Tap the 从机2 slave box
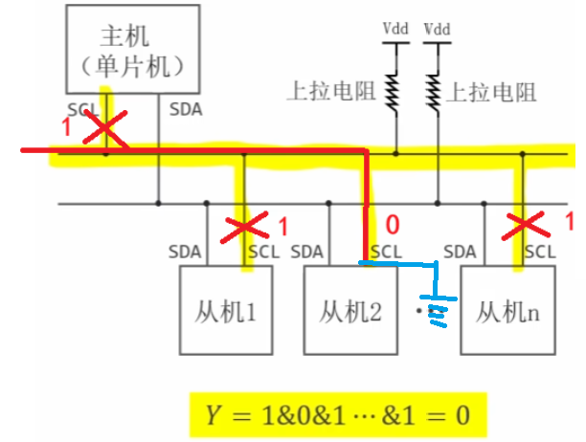click(349, 311)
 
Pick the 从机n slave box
click(507, 311)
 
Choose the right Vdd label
click(437, 28)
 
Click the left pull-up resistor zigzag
click(392, 91)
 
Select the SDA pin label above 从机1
click(184, 253)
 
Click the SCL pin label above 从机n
click(539, 253)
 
